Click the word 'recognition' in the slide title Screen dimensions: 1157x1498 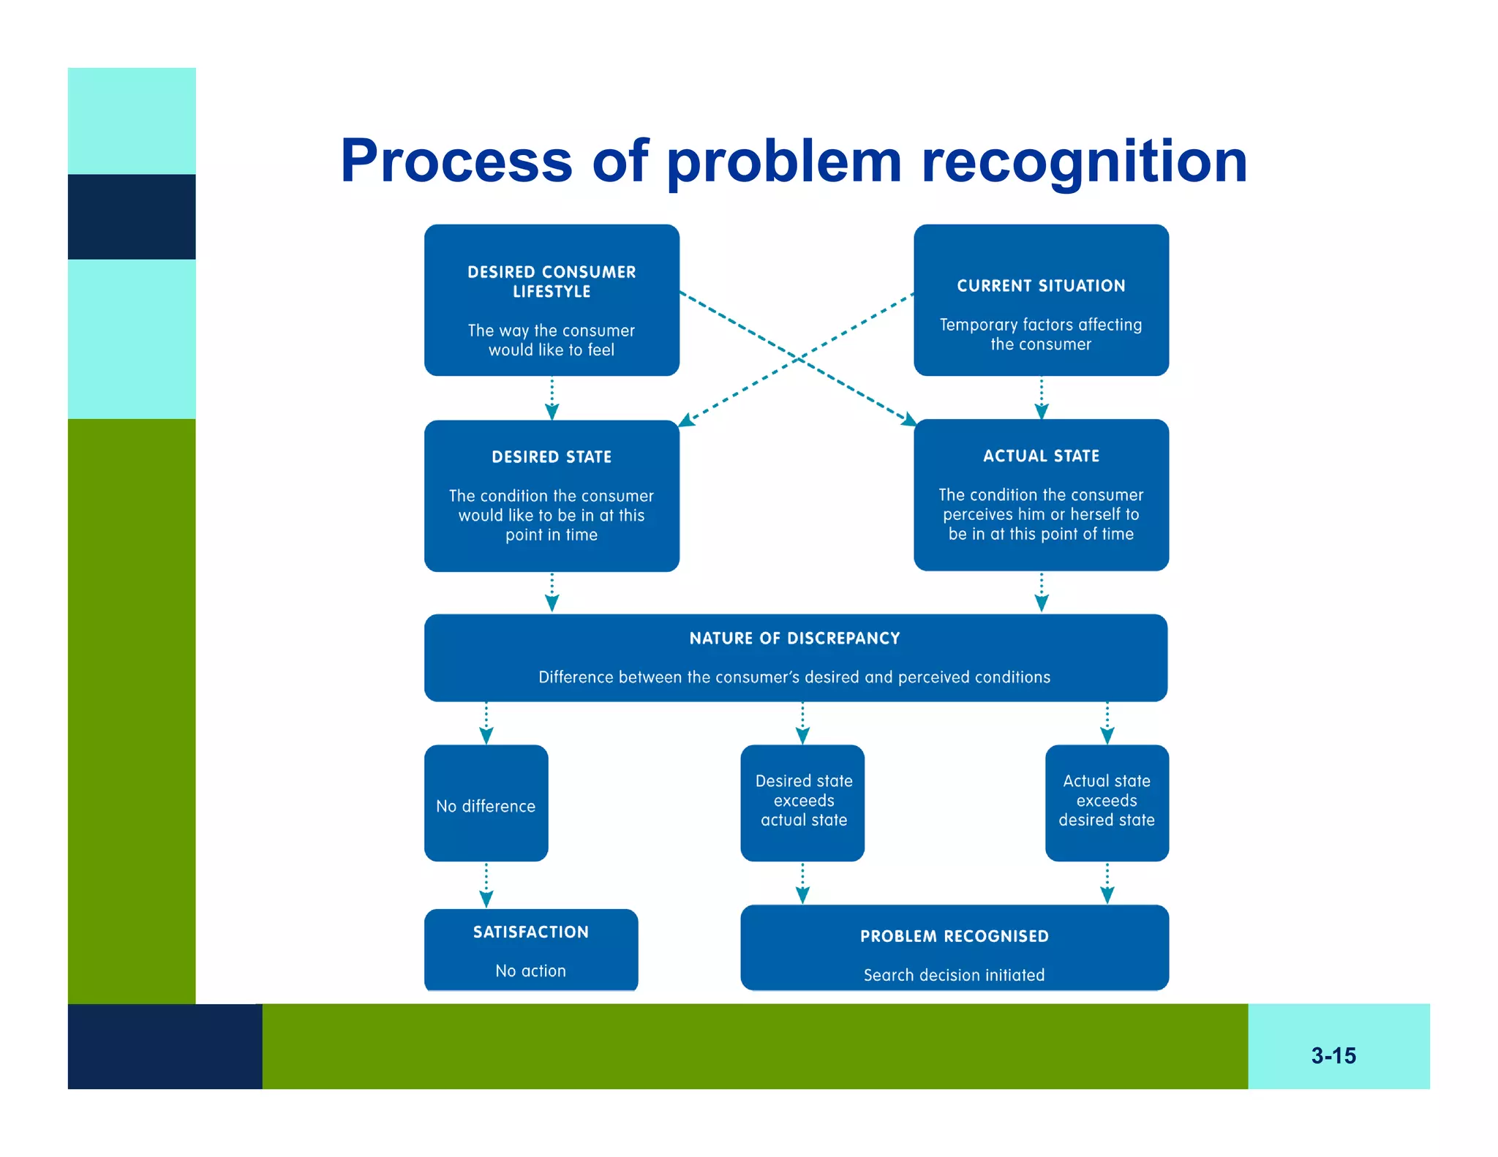pos(1083,162)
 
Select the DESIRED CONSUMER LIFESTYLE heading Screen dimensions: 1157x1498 pos(552,282)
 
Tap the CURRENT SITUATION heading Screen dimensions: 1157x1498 pos(1040,286)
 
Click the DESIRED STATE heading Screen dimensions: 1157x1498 pos(552,457)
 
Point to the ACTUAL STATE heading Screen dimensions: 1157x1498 pos(1040,456)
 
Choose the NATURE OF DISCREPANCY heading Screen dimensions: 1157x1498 pos(794,638)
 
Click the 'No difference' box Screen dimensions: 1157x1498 pos(486,804)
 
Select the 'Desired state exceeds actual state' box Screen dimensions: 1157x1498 pos(802,802)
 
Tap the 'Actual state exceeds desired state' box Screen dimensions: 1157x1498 pos(1106,802)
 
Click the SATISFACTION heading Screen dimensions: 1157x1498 pos(530,932)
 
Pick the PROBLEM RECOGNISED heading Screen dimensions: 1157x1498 pos(954,936)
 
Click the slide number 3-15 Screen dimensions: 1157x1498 pos(1333,1055)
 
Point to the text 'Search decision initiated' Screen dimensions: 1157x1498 pos(954,975)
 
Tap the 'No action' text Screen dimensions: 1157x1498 pos(530,971)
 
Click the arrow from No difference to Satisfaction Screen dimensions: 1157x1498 pos(486,885)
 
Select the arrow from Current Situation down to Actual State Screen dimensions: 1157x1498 pos(1041,398)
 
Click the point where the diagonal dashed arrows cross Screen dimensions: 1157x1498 pos(799,358)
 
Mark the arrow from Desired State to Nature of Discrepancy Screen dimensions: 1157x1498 pos(552,592)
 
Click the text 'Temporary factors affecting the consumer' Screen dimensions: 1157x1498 pos(1040,334)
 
